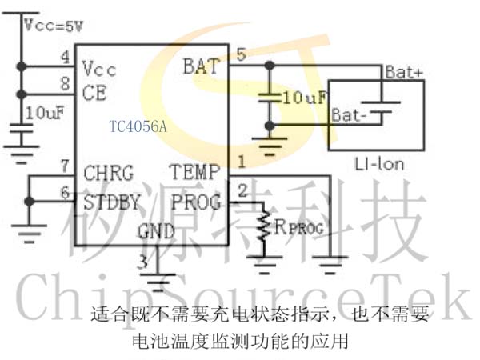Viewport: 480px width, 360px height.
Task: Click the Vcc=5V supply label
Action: point(54,25)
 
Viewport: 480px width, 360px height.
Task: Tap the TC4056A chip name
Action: point(138,126)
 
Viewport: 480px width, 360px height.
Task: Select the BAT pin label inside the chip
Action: point(202,66)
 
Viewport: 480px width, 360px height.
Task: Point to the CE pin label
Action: point(94,93)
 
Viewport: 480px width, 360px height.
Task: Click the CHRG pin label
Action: point(109,173)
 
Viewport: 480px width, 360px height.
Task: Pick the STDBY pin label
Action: point(112,202)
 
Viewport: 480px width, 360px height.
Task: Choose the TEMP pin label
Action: point(194,172)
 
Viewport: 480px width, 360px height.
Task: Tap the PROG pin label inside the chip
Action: point(196,202)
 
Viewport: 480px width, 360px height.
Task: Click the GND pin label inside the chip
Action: point(156,231)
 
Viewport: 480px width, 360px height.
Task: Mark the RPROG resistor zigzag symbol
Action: point(263,226)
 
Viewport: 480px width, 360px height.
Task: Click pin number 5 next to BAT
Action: point(242,54)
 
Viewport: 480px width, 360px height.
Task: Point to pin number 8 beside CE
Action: point(66,83)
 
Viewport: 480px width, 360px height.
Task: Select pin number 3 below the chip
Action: point(142,262)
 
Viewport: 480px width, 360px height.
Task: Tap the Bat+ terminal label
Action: point(404,72)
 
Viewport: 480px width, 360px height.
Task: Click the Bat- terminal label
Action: point(349,115)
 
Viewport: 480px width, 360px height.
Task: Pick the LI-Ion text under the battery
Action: point(379,164)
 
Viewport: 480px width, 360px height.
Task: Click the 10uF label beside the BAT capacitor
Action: point(304,98)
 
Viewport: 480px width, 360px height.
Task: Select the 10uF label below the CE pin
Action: point(45,113)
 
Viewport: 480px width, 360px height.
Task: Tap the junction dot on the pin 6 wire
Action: point(29,202)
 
